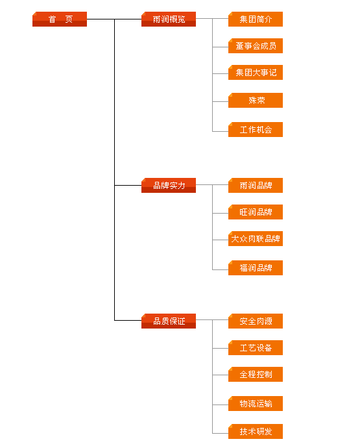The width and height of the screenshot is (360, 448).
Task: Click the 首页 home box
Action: tap(60, 19)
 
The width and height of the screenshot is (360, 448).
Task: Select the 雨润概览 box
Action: tap(169, 19)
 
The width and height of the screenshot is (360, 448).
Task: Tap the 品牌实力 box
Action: tap(169, 186)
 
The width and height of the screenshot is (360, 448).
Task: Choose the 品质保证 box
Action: tap(169, 321)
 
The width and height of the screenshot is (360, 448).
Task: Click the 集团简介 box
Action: tap(256, 19)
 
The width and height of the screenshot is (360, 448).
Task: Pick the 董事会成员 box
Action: tap(256, 45)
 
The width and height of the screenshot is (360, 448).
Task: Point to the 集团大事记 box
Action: tap(256, 72)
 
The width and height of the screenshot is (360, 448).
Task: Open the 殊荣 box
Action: tap(256, 100)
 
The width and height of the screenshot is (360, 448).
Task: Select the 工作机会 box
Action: tap(256, 129)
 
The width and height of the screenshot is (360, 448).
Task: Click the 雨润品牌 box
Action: tap(256, 186)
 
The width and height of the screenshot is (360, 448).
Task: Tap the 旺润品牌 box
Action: tap(256, 212)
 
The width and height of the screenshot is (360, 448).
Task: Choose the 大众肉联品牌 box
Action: tap(256, 238)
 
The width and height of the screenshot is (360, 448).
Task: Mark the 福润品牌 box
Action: tap(256, 268)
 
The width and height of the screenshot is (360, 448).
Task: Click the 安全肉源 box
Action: tap(256, 321)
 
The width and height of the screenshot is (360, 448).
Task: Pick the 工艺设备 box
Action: tap(256, 348)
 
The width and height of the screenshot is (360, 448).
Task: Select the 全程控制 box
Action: tap(256, 374)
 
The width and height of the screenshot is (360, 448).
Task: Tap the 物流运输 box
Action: tap(256, 403)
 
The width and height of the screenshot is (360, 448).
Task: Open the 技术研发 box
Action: tap(256, 431)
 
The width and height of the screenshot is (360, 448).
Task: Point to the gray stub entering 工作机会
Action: tap(221, 131)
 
